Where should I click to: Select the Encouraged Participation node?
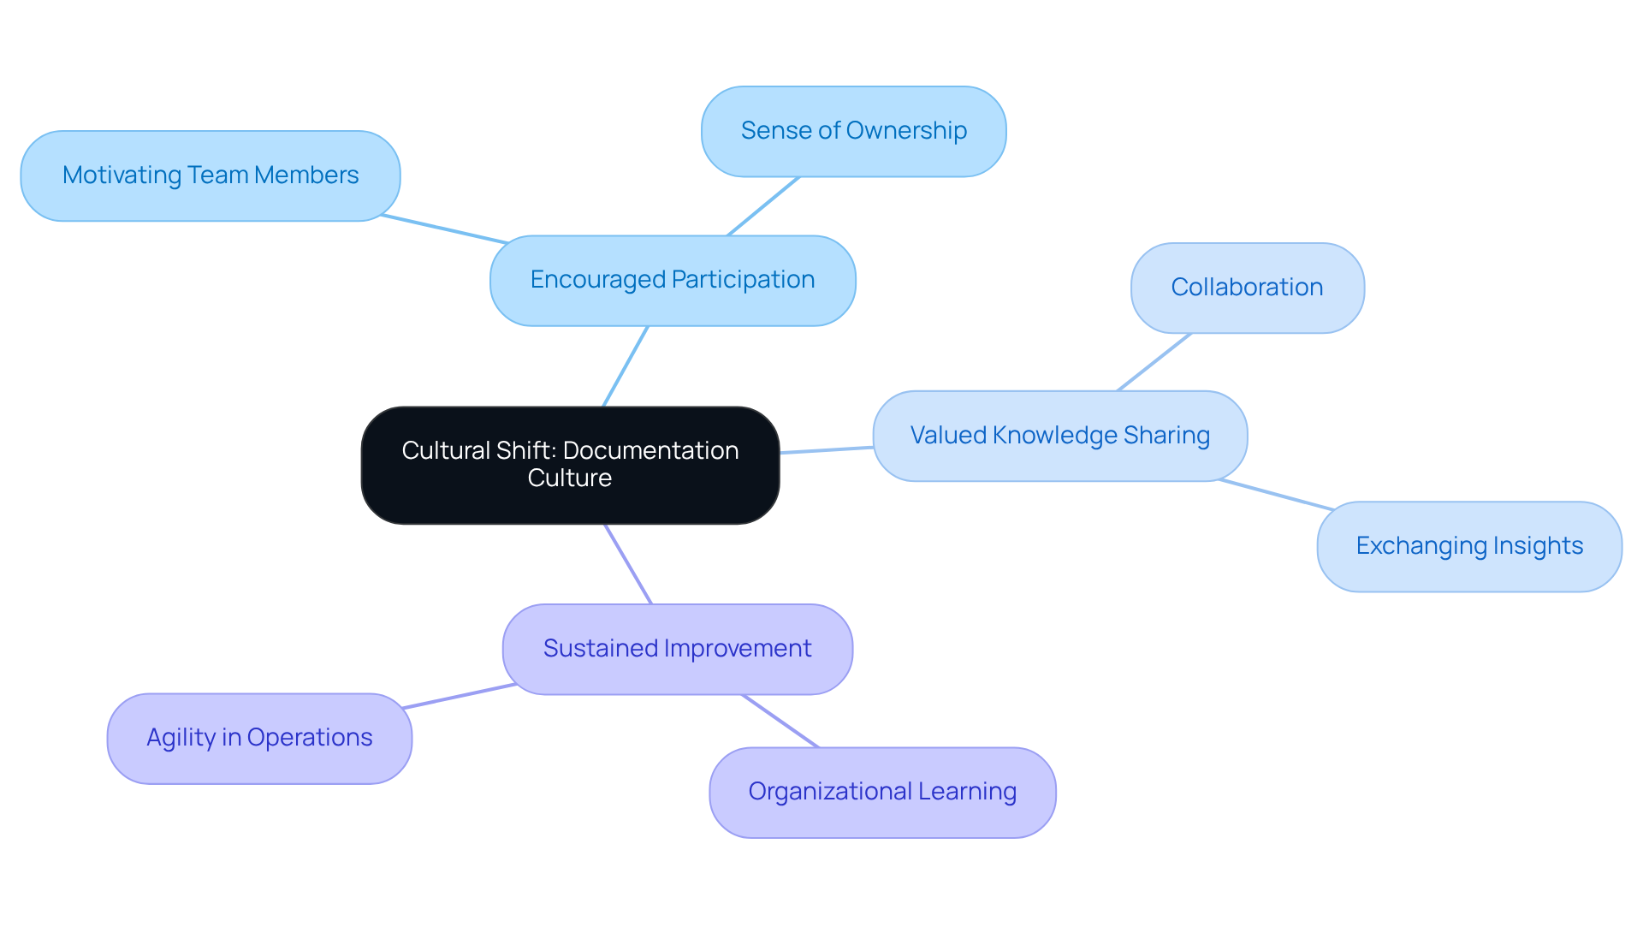pyautogui.click(x=673, y=281)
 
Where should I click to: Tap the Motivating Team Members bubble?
pyautogui.click(x=211, y=176)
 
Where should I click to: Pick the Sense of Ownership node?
pyautogui.click(x=853, y=132)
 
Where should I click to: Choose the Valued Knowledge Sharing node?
pyautogui.click(x=1059, y=437)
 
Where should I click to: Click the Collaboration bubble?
pyautogui.click(x=1247, y=288)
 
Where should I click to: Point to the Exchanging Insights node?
pyautogui.click(x=1468, y=547)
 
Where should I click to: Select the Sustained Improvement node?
pyautogui.click(x=677, y=650)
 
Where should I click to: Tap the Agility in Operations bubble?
pyautogui.click(x=259, y=739)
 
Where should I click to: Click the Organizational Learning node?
pyautogui.click(x=882, y=793)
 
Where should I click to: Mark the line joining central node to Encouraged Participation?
pyautogui.click(x=626, y=366)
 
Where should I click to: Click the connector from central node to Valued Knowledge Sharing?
pyautogui.click(x=826, y=450)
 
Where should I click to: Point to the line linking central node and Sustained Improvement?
pyautogui.click(x=628, y=564)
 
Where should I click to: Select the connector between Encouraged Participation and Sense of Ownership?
pyautogui.click(x=763, y=206)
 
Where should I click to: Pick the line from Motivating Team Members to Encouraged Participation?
pyautogui.click(x=444, y=229)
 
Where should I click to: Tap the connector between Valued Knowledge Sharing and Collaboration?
pyautogui.click(x=1154, y=362)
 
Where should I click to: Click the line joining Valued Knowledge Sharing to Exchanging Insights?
pyautogui.click(x=1276, y=495)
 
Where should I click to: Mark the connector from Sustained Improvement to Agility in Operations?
pyautogui.click(x=459, y=697)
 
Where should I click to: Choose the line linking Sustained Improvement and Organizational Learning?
pyautogui.click(x=780, y=722)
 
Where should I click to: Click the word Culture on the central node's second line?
pyautogui.click(x=570, y=478)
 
